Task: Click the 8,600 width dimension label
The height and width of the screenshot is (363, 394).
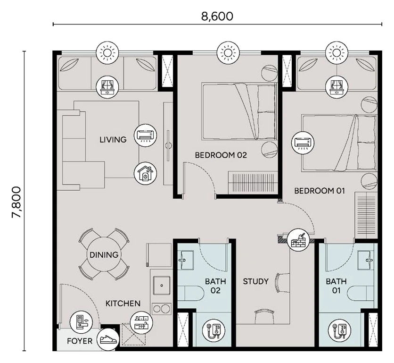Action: point(217,17)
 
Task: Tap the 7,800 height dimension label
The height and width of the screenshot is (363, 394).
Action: point(17,202)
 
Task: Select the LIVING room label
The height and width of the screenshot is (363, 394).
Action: point(113,139)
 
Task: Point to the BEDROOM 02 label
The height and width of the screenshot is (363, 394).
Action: point(221,155)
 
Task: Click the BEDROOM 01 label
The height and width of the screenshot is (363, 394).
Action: point(320,191)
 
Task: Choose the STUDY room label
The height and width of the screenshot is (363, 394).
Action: point(255,281)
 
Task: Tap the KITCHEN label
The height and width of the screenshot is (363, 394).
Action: point(123,304)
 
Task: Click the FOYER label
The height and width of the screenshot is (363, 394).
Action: point(80,341)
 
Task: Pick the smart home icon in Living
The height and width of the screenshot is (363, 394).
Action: point(145,173)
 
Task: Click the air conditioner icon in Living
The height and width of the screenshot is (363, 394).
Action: point(145,135)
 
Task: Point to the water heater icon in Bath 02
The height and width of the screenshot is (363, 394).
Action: point(213,331)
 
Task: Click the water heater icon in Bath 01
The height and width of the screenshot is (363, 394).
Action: point(339,331)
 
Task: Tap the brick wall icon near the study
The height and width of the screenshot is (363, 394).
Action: point(298,239)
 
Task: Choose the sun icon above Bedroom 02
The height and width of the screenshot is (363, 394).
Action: point(228,52)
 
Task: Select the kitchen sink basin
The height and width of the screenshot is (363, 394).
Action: point(162,286)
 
